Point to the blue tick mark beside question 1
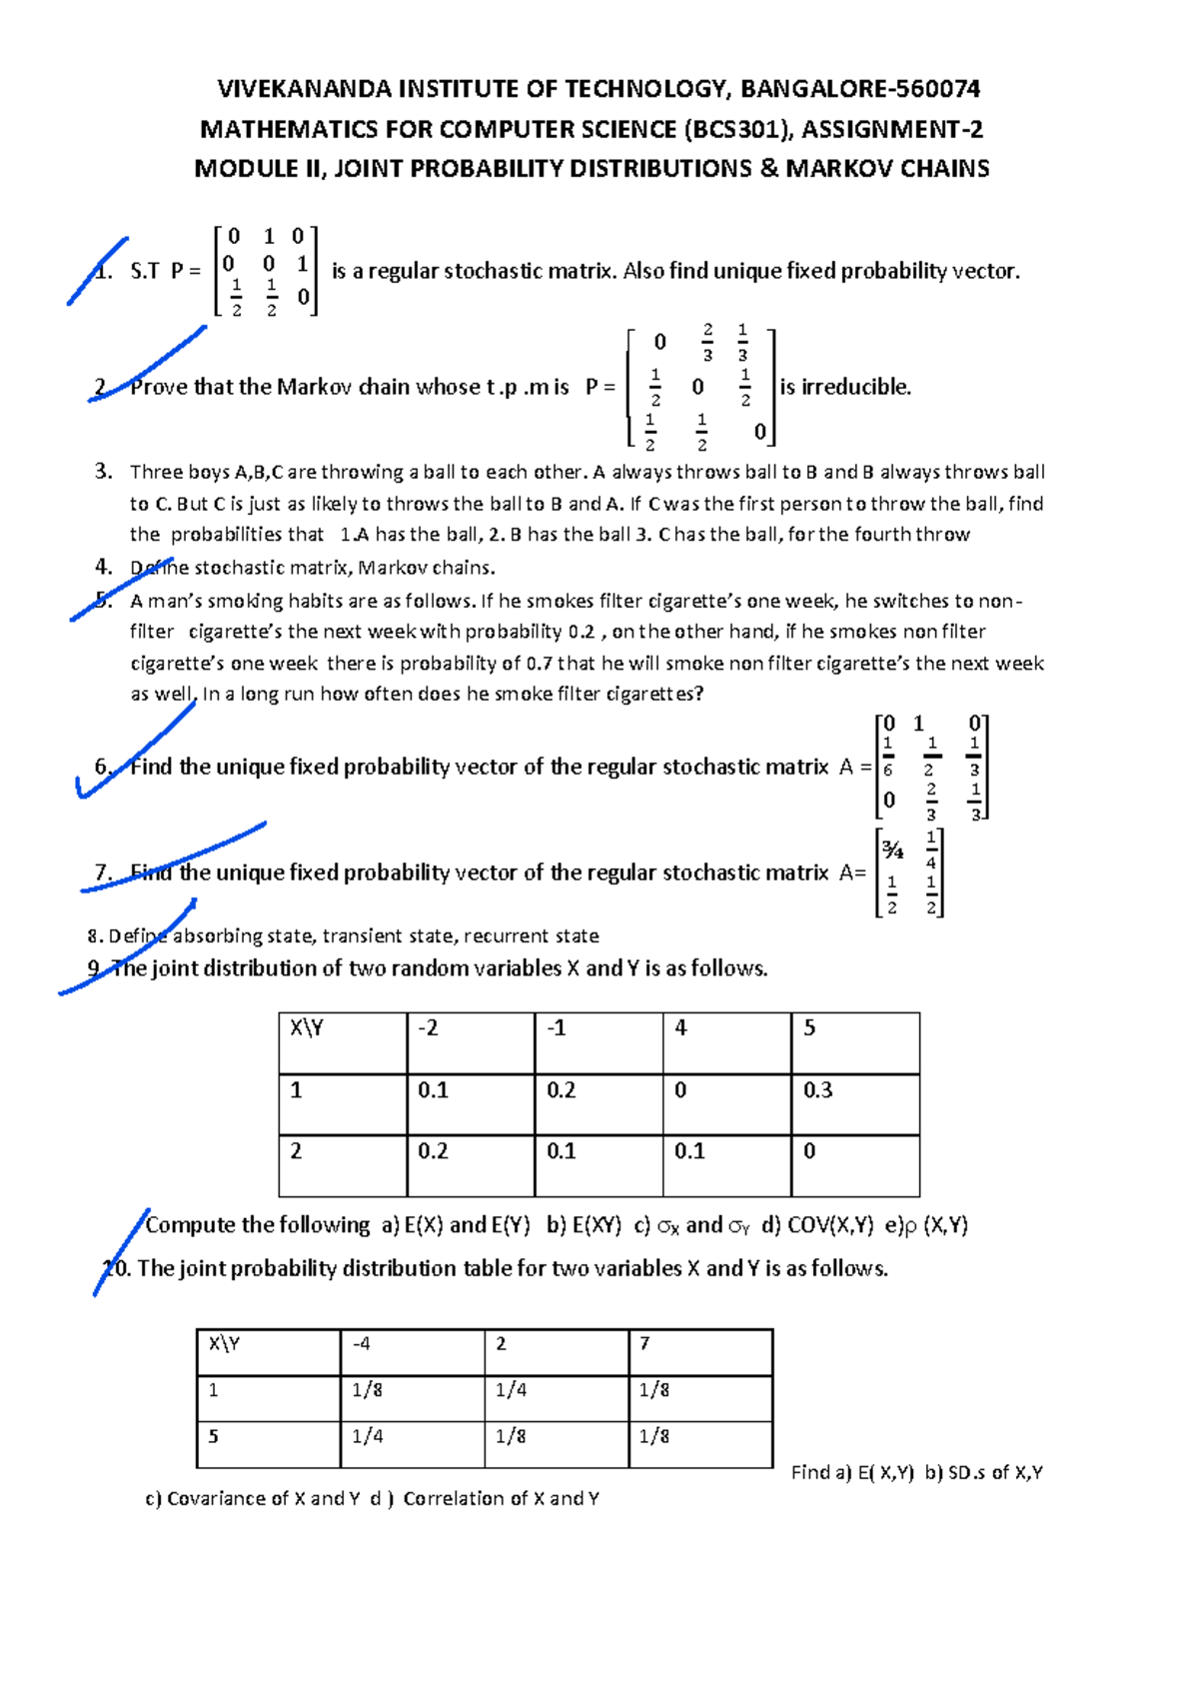coord(98,269)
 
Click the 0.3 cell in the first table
coord(817,1089)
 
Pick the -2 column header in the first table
coord(429,1027)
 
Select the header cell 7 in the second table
coord(644,1343)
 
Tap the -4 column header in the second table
coord(362,1343)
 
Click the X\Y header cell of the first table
coord(306,1027)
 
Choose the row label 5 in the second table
coord(214,1436)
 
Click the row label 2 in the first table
coord(296,1150)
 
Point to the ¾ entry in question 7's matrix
coord(892,850)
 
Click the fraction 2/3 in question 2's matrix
coord(707,342)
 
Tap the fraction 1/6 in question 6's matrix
coord(888,757)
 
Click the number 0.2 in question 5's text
coord(581,632)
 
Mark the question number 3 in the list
coord(103,472)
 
